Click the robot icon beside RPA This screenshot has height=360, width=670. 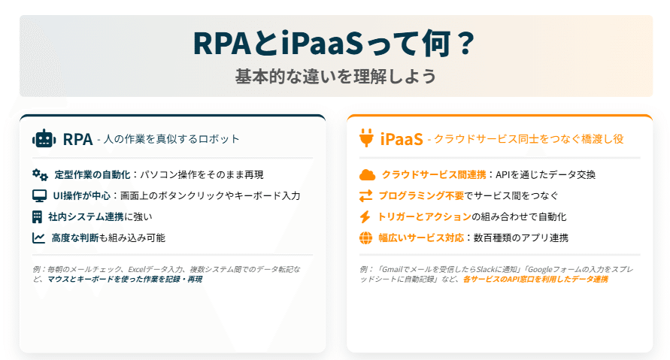pyautogui.click(x=44, y=138)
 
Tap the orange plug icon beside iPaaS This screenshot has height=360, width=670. pyautogui.click(x=366, y=138)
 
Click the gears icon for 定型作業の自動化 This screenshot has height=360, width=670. pyautogui.click(x=40, y=174)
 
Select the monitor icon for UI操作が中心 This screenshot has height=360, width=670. pyautogui.click(x=40, y=195)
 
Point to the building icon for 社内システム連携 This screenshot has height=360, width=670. pyautogui.click(x=39, y=216)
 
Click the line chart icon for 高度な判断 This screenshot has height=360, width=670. pyautogui.click(x=39, y=237)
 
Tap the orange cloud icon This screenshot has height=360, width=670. pyautogui.click(x=367, y=175)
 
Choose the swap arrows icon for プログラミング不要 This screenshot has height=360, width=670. pyautogui.click(x=366, y=196)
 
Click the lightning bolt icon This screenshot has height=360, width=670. pyautogui.click(x=366, y=217)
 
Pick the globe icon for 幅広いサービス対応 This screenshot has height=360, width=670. pyautogui.click(x=366, y=238)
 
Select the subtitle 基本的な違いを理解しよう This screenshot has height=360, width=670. pyautogui.click(x=335, y=76)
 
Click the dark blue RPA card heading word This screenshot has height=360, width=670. pyautogui.click(x=77, y=139)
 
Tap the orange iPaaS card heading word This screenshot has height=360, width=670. pyautogui.click(x=402, y=139)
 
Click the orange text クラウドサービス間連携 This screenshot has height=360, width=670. pyautogui.click(x=434, y=175)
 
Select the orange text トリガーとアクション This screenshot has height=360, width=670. pyautogui.click(x=425, y=217)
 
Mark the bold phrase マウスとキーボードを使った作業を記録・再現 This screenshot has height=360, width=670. pyautogui.click(x=125, y=279)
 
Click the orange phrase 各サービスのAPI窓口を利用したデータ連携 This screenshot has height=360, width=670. pyautogui.click(x=535, y=279)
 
